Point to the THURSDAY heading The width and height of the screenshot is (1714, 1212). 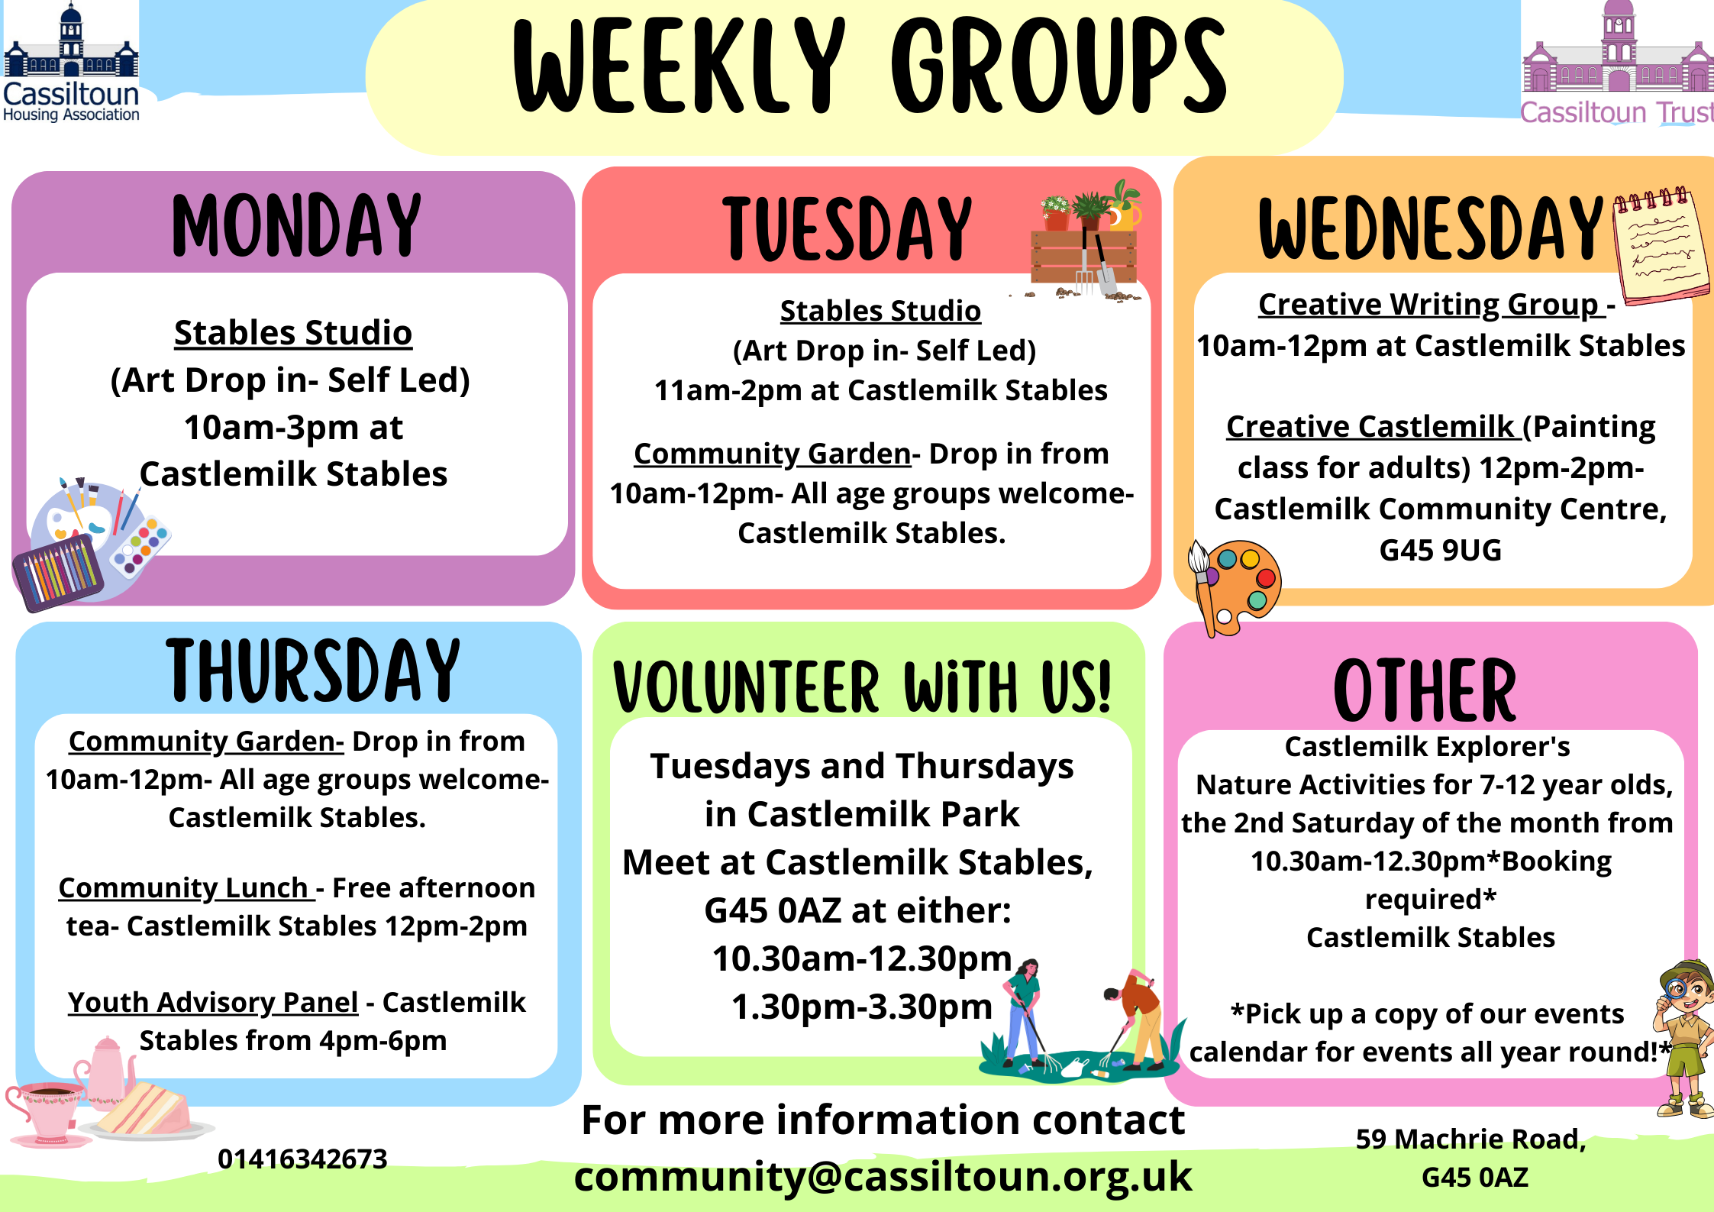[x=313, y=671]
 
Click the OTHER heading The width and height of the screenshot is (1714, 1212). [x=1425, y=690]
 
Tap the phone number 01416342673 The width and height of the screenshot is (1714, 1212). [x=302, y=1159]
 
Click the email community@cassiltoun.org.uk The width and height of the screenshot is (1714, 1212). [x=883, y=1176]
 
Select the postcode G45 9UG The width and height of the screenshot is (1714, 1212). [x=1440, y=550]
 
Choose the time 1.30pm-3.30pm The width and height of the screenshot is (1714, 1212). [x=862, y=1007]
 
